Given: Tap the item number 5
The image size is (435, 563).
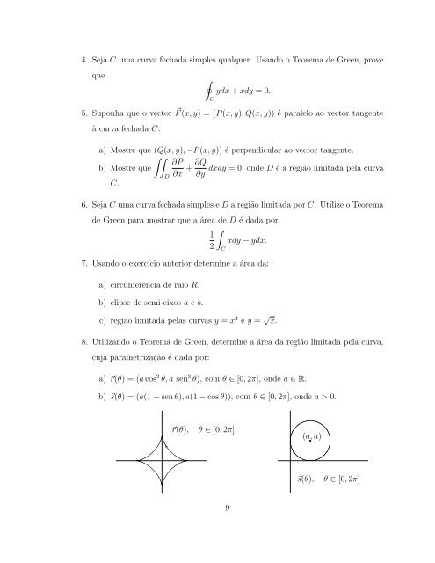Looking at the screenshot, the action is (x=83, y=113).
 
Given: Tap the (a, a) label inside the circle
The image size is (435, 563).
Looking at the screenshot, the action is (x=310, y=436).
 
